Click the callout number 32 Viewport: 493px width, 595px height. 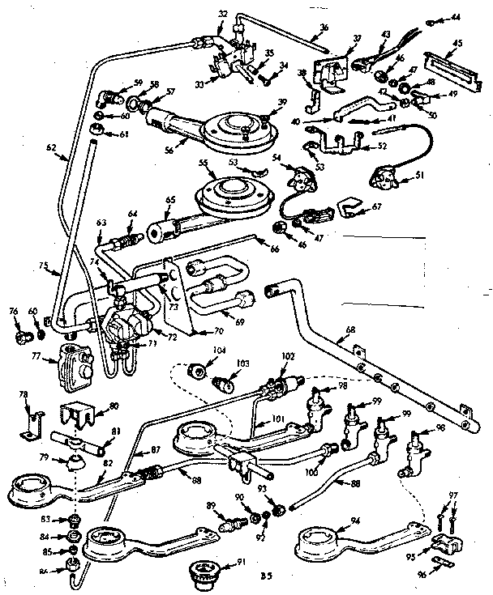pos(222,14)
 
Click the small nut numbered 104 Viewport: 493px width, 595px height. pos(195,372)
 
